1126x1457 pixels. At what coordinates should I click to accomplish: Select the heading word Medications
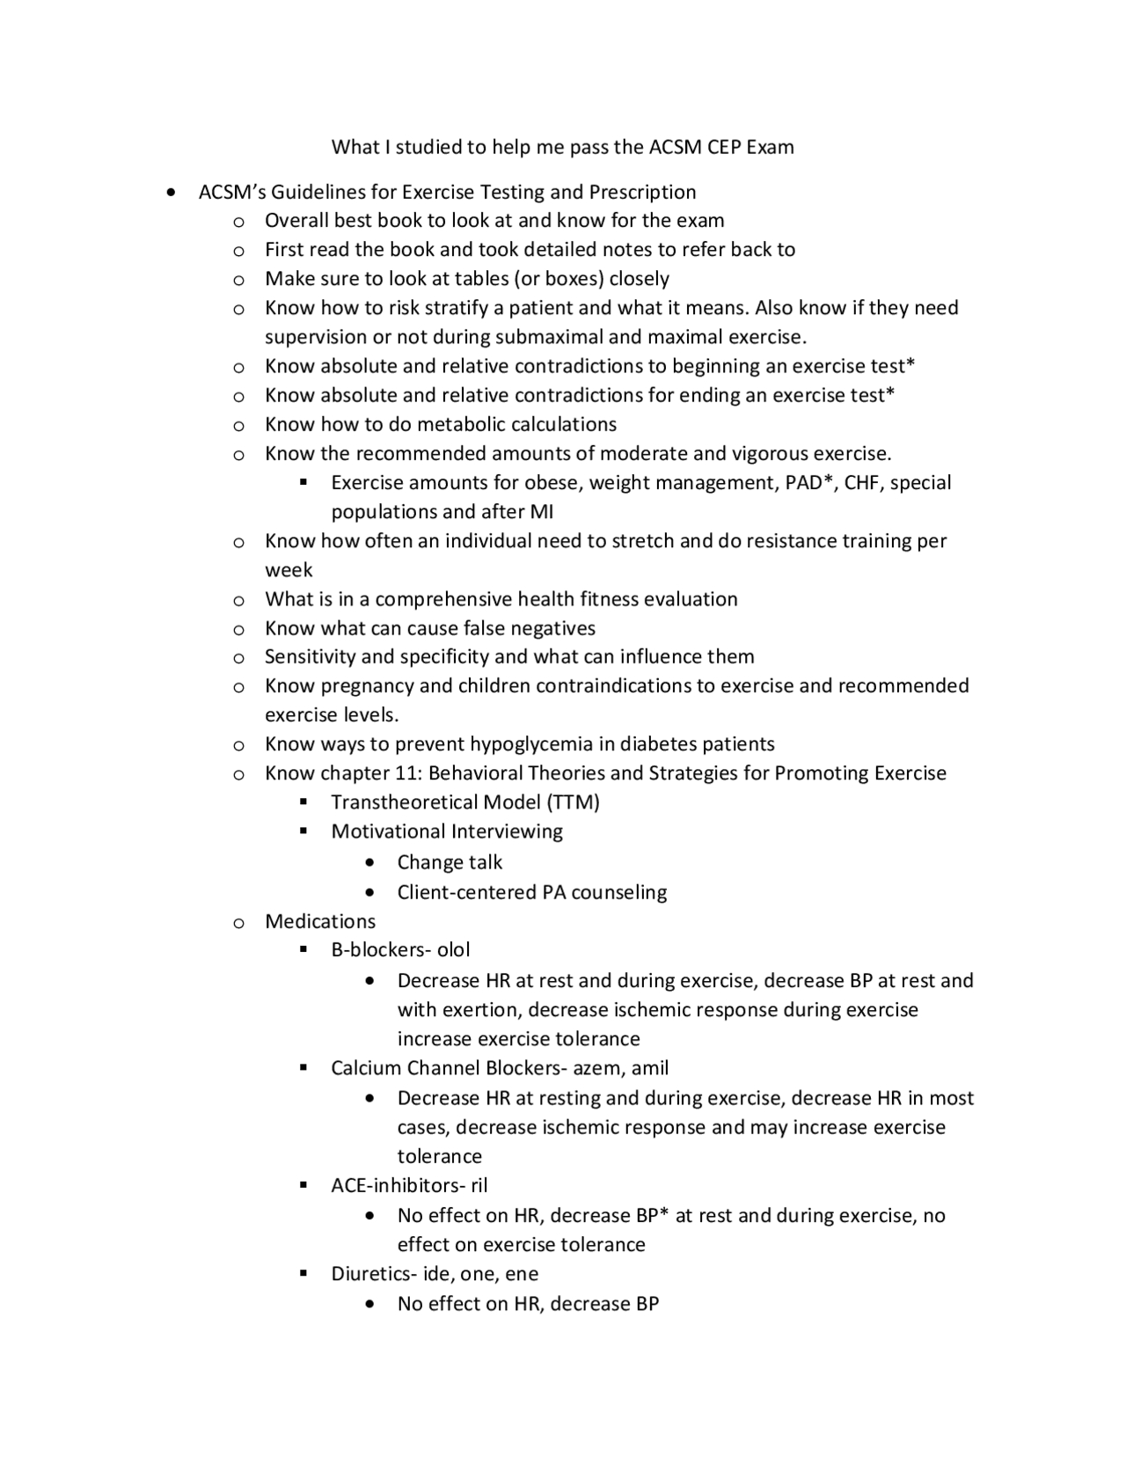(320, 921)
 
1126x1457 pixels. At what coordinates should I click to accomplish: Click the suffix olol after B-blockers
(453, 950)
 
